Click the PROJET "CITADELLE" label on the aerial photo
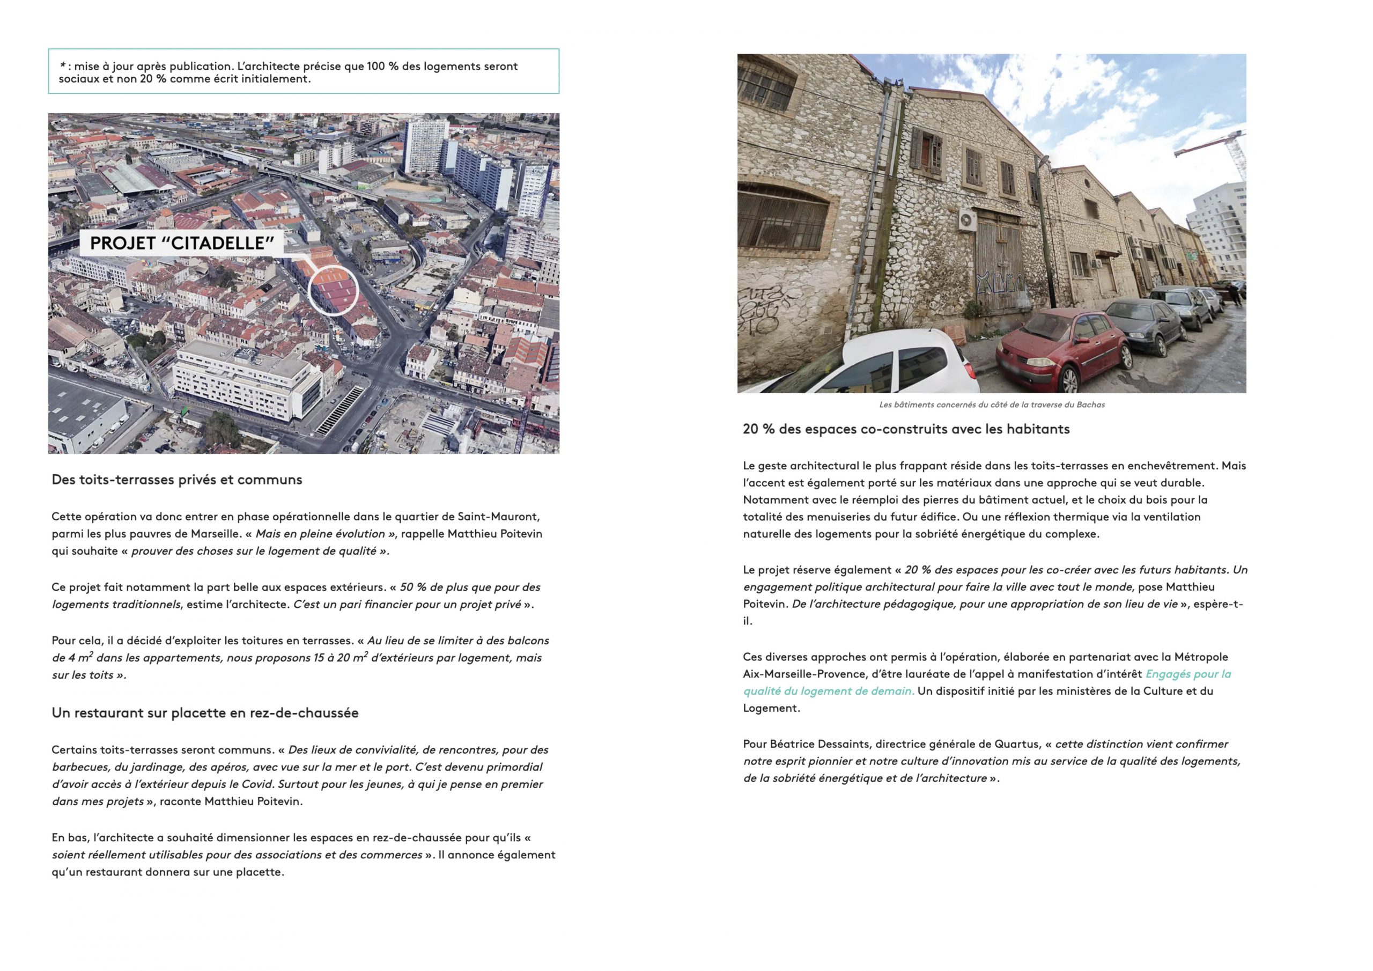(x=182, y=243)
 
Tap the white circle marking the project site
(x=333, y=291)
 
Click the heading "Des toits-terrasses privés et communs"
(x=177, y=480)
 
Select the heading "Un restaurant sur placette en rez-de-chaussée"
(x=205, y=713)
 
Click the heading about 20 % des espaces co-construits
(x=906, y=429)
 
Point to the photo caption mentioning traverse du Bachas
(x=992, y=405)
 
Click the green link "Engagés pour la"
(x=1187, y=674)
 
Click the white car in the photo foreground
(x=909, y=365)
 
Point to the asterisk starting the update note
(x=63, y=66)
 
